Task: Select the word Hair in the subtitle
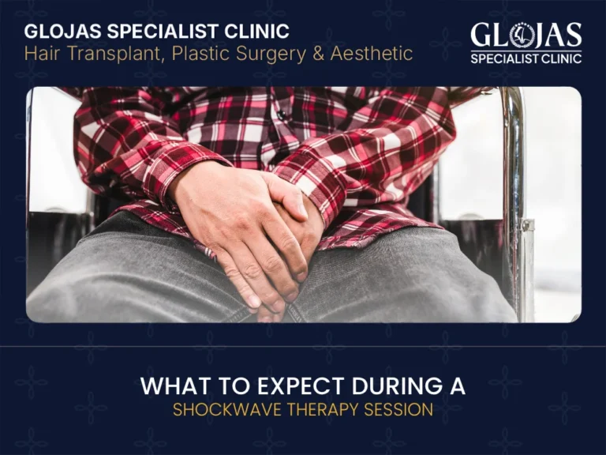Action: pos(42,54)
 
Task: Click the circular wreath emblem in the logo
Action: pos(521,35)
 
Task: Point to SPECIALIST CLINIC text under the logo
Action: pos(526,58)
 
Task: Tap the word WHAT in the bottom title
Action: pos(171,387)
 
